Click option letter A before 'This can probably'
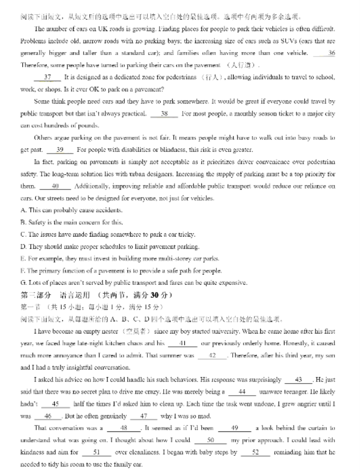pos(23,211)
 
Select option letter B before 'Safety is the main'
pos(23,222)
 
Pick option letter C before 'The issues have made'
pos(23,234)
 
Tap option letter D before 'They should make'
pos(23,246)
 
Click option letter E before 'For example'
pos(23,258)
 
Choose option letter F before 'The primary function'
pos(23,270)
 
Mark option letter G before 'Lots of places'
pos(23,283)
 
